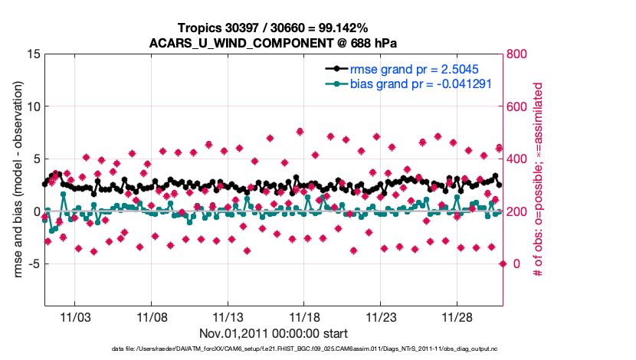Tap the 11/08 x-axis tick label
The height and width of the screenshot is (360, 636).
pyautogui.click(x=152, y=316)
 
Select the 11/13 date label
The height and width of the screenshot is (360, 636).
pyautogui.click(x=228, y=316)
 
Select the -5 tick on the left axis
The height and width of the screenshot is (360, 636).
pyautogui.click(x=31, y=264)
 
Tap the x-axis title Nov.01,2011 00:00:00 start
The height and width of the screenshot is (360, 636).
pyautogui.click(x=274, y=333)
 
